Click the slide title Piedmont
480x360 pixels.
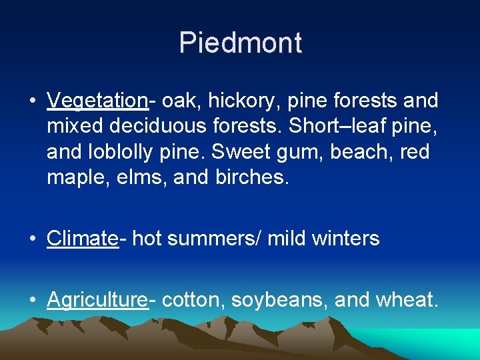[240, 43]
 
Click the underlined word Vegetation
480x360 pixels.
[97, 101]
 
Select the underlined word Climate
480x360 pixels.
[82, 238]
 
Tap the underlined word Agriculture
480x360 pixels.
[97, 300]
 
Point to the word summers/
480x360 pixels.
[214, 238]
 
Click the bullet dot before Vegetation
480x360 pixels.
[33, 101]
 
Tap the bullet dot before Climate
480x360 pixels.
[33, 239]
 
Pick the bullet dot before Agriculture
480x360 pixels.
[33, 301]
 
